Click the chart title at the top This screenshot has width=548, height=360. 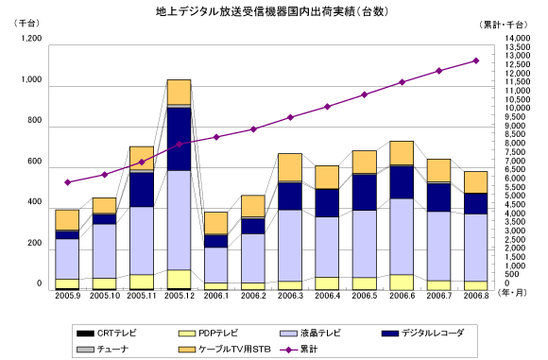point(272,11)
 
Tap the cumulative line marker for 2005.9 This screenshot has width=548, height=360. point(68,182)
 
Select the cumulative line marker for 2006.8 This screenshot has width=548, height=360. point(475,60)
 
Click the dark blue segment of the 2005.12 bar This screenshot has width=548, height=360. point(179,139)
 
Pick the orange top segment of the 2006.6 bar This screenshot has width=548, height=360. point(402,153)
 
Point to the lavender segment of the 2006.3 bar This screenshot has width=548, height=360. point(290,246)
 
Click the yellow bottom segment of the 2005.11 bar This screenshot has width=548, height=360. point(142,282)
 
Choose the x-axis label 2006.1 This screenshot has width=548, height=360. point(216,296)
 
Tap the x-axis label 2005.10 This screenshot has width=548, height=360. point(105,296)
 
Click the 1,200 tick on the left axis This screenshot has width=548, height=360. point(31,38)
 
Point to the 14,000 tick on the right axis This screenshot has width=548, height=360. point(517,38)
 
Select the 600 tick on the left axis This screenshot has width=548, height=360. point(35,162)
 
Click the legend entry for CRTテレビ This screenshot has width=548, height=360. point(107,334)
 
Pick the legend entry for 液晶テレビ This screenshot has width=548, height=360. point(310,334)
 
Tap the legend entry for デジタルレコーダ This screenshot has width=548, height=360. point(422,334)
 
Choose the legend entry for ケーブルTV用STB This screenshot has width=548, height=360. point(224,350)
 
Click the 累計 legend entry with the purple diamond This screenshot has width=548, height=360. point(299,350)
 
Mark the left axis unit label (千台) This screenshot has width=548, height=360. point(26,23)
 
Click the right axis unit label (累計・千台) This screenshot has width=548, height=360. point(504,25)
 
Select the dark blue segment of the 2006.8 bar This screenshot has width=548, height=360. point(475,203)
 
